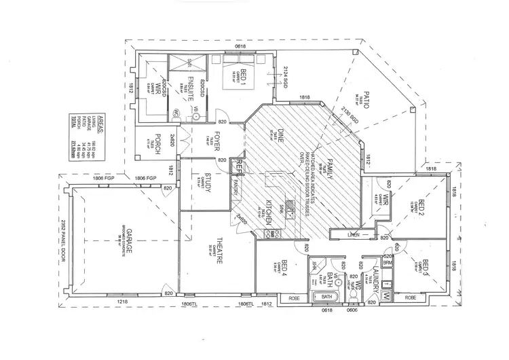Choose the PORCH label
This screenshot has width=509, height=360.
pos(156,143)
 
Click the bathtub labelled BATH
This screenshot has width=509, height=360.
pos(326,298)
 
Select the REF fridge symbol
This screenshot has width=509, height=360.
pos(239,165)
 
